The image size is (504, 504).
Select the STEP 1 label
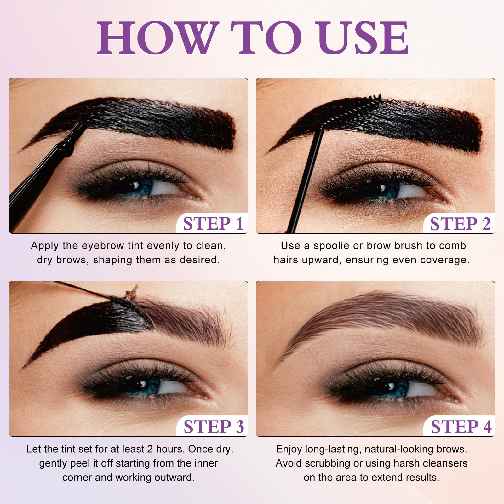(x=213, y=224)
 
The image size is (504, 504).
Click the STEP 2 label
(x=460, y=224)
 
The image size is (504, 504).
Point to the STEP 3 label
(x=214, y=427)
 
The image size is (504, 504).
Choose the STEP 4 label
(x=461, y=427)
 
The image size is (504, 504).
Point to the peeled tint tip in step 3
(x=132, y=292)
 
